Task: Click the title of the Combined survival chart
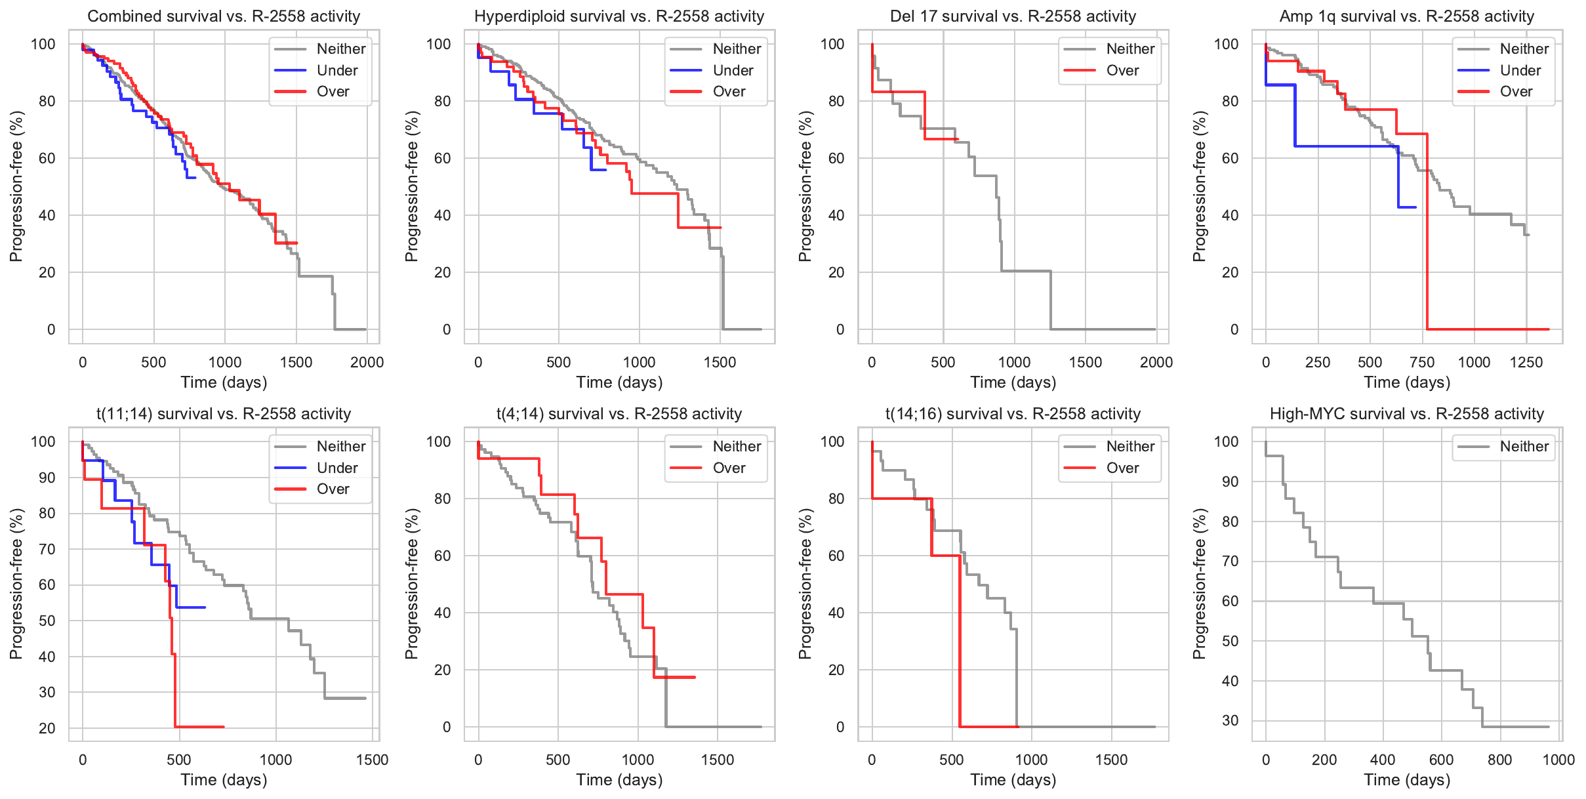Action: (x=224, y=16)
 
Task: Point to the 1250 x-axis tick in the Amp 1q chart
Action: (x=1526, y=362)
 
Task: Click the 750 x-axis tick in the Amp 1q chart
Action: (x=1422, y=362)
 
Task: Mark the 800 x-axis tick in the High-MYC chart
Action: (x=1500, y=760)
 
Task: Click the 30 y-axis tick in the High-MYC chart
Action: (x=1230, y=720)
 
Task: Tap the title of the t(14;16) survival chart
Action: (x=1013, y=414)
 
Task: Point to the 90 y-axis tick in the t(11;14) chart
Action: (x=47, y=478)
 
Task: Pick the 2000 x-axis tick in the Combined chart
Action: (x=367, y=362)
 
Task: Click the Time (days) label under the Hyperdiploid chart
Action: (x=619, y=382)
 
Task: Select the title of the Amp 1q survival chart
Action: (x=1406, y=16)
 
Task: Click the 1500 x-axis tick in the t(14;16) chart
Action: (x=1112, y=760)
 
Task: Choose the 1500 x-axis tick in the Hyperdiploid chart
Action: (x=720, y=362)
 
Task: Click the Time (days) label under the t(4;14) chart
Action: (x=619, y=780)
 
